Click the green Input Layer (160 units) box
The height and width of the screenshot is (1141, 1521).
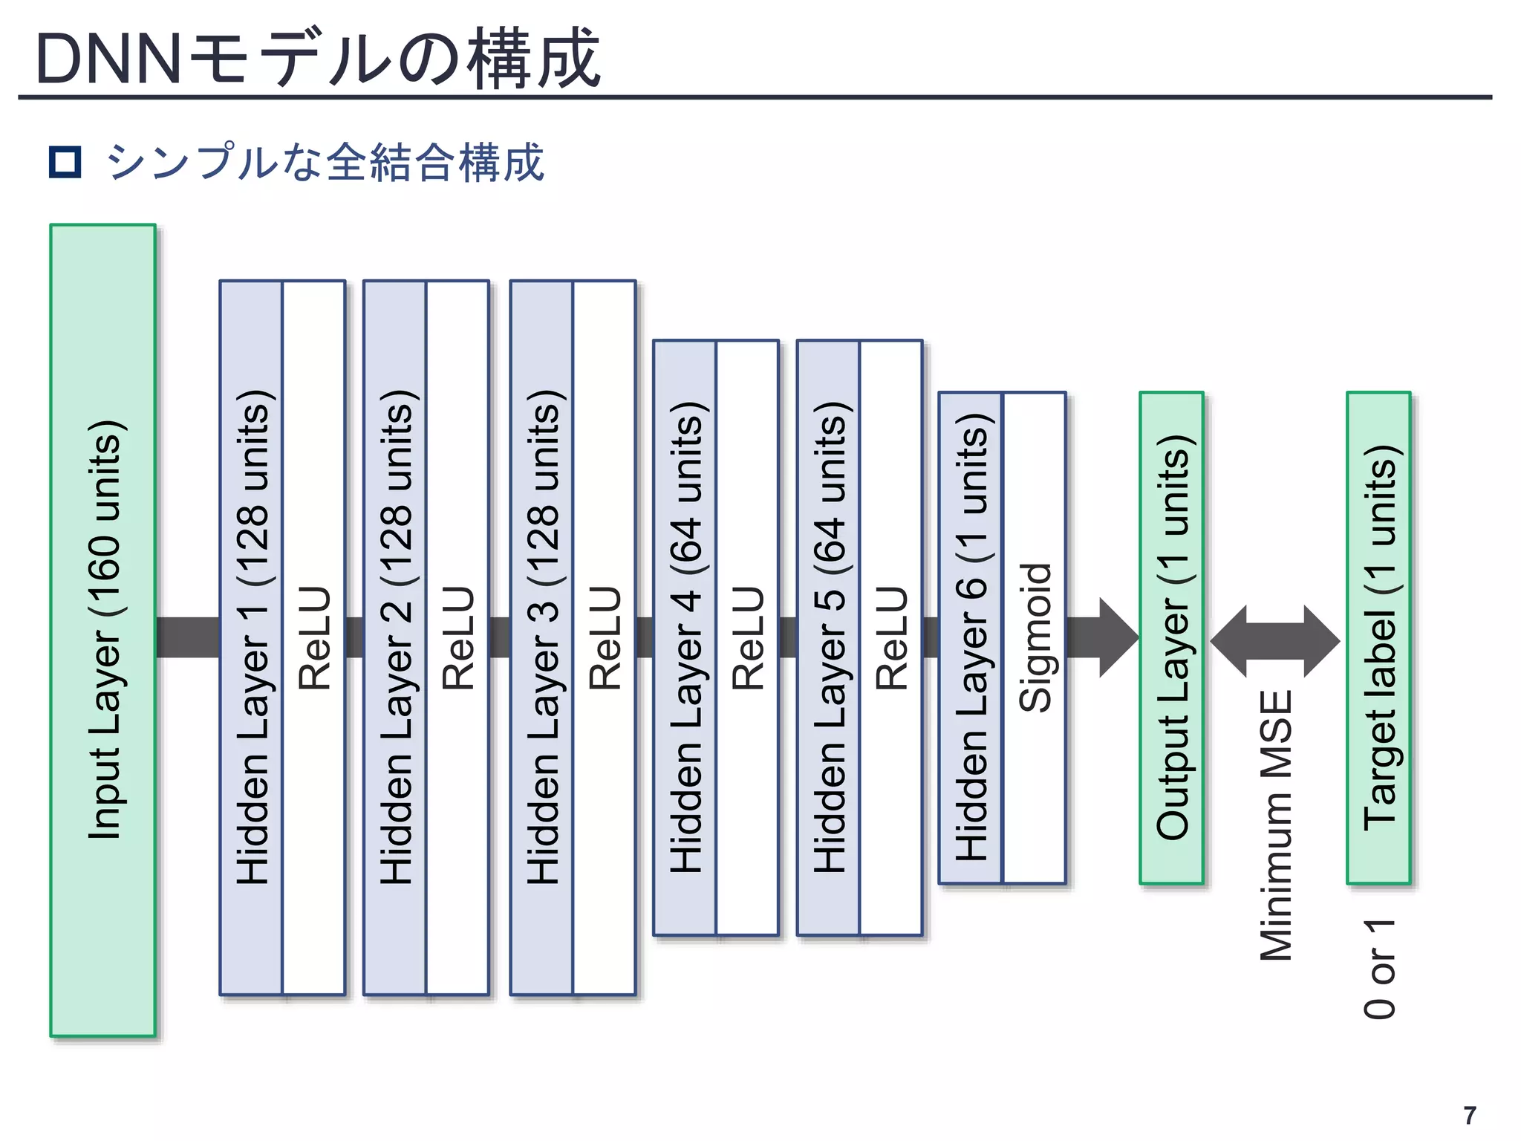102,630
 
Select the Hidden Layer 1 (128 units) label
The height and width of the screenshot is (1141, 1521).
251,637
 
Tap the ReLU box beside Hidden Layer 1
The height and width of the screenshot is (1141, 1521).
314,637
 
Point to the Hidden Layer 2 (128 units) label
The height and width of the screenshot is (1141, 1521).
394,637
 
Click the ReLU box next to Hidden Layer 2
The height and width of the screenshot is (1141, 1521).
457,637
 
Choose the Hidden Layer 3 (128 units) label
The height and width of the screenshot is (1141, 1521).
541,637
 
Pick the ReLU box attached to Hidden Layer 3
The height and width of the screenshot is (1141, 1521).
605,637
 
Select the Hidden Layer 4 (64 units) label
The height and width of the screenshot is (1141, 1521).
685,637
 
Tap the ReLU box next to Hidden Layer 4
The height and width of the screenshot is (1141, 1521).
747,637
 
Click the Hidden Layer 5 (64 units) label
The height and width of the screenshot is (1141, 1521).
828,637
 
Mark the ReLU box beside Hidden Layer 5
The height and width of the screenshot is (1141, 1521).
891,637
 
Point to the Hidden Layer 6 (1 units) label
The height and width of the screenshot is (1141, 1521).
971,637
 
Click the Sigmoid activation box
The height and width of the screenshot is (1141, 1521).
1034,637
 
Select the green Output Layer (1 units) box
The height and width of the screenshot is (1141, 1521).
1171,637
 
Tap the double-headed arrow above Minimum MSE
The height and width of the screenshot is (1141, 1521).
1275,640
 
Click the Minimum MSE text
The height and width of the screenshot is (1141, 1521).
1277,825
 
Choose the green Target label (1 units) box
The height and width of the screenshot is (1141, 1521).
1378,637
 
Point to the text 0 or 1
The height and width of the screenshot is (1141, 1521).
1380,969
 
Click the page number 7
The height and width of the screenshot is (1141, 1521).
1469,1116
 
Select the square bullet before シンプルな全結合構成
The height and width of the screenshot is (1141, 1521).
65,162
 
